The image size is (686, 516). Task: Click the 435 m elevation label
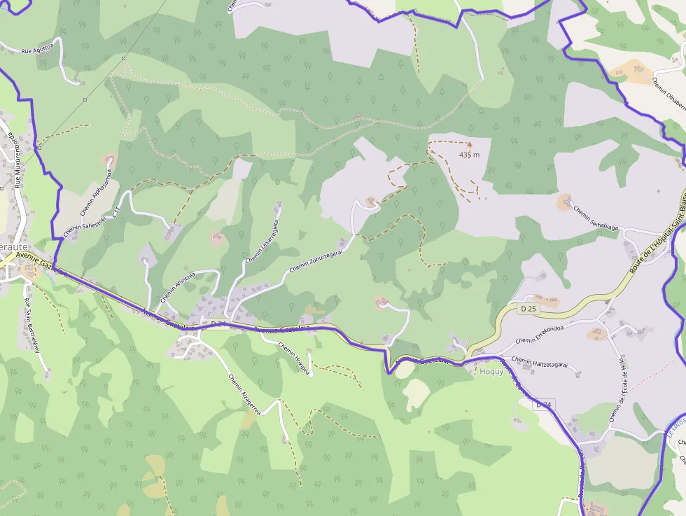click(470, 155)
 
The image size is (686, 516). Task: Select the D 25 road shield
click(528, 309)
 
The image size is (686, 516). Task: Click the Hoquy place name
click(491, 371)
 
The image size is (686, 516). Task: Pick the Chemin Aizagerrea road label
click(244, 394)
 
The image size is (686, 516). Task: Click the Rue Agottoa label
click(37, 50)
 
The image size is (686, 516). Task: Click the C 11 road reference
click(117, 210)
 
